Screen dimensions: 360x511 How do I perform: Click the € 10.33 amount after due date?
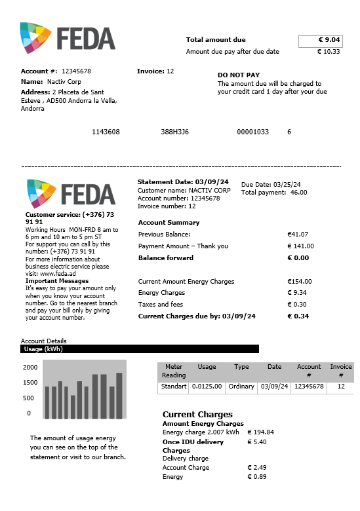[x=329, y=52]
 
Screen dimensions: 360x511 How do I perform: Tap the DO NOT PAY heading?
[x=239, y=75]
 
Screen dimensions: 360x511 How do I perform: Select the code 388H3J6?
[x=174, y=132]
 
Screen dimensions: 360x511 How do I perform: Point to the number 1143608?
[x=106, y=132]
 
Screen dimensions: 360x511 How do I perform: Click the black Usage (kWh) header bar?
[x=140, y=349]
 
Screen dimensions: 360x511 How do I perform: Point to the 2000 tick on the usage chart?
[x=31, y=368]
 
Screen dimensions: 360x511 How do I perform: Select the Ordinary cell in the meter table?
[x=241, y=387]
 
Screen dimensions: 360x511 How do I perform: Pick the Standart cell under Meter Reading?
[x=174, y=387]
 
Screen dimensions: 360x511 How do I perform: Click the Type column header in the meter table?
[x=241, y=367]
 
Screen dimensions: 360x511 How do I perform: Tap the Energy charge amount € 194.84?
[x=260, y=432]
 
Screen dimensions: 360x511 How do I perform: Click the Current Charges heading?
[x=197, y=415]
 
